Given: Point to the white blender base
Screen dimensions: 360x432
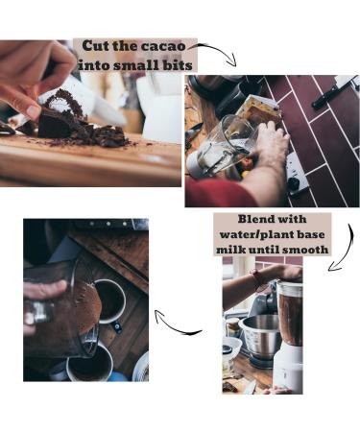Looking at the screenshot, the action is (288, 367).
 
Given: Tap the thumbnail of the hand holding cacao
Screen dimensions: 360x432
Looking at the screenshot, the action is (33, 111).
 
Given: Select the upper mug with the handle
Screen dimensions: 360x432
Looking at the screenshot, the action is (110, 302).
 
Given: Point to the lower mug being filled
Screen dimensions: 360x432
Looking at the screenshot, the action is (90, 364).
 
